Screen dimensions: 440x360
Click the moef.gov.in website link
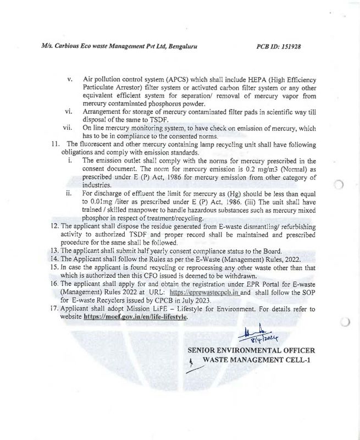pyautogui.click(x=135, y=317)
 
